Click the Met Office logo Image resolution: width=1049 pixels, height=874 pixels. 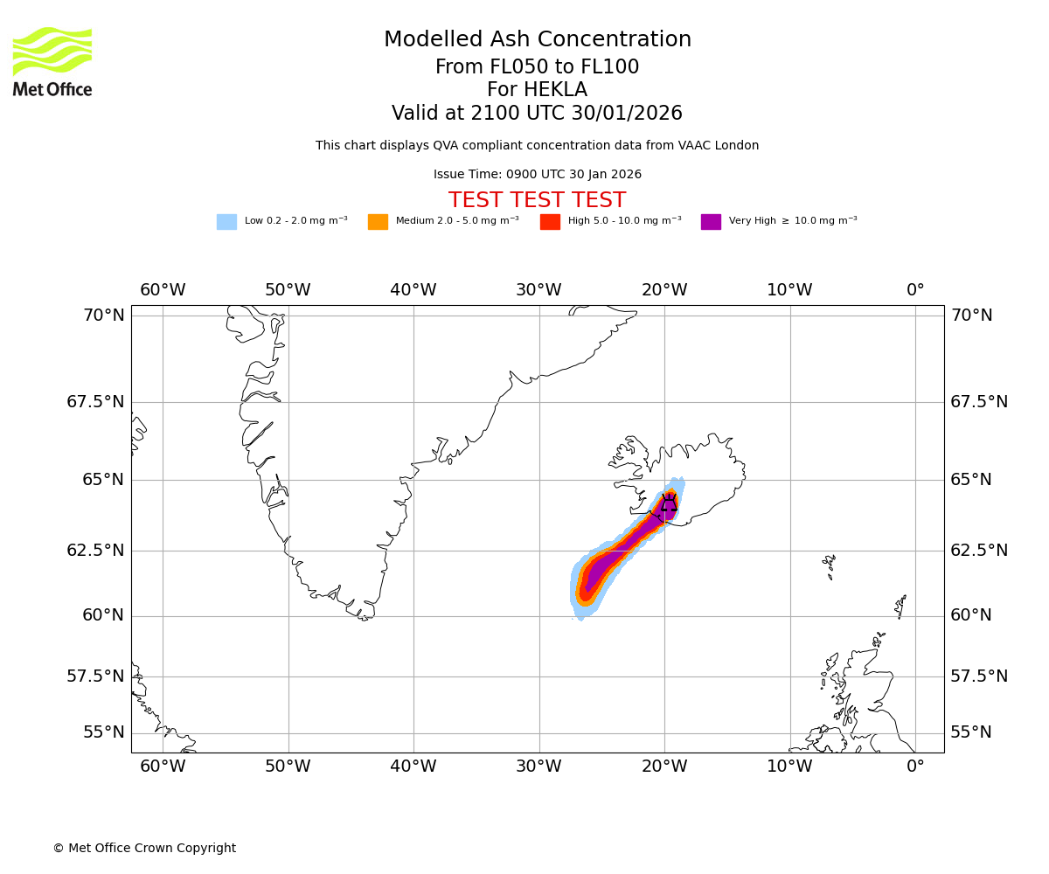click(52, 61)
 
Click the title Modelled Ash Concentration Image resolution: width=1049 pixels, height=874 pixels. click(537, 40)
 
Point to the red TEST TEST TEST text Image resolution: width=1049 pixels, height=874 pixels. click(537, 201)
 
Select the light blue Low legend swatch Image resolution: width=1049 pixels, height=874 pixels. click(226, 222)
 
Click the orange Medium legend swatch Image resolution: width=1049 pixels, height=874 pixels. click(378, 222)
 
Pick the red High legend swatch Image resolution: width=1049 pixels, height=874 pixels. click(550, 222)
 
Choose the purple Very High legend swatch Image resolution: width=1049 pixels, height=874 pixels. click(711, 222)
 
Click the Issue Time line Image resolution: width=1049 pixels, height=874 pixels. click(537, 175)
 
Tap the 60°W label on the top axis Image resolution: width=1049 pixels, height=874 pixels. click(163, 290)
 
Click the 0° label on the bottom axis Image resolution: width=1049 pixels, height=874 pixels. click(915, 767)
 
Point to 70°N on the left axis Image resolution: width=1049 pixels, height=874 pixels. click(104, 316)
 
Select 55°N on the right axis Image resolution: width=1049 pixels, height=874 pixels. click(971, 732)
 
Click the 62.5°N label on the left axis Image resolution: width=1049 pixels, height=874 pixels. click(96, 551)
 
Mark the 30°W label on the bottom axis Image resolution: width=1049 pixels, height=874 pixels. click(538, 767)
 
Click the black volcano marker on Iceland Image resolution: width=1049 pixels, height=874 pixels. click(669, 503)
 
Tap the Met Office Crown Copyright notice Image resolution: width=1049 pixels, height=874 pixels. click(144, 849)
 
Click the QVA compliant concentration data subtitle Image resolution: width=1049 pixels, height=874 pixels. click(537, 146)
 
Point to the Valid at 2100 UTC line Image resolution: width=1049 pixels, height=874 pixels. click(537, 114)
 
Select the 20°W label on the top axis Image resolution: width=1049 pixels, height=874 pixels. click(664, 290)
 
